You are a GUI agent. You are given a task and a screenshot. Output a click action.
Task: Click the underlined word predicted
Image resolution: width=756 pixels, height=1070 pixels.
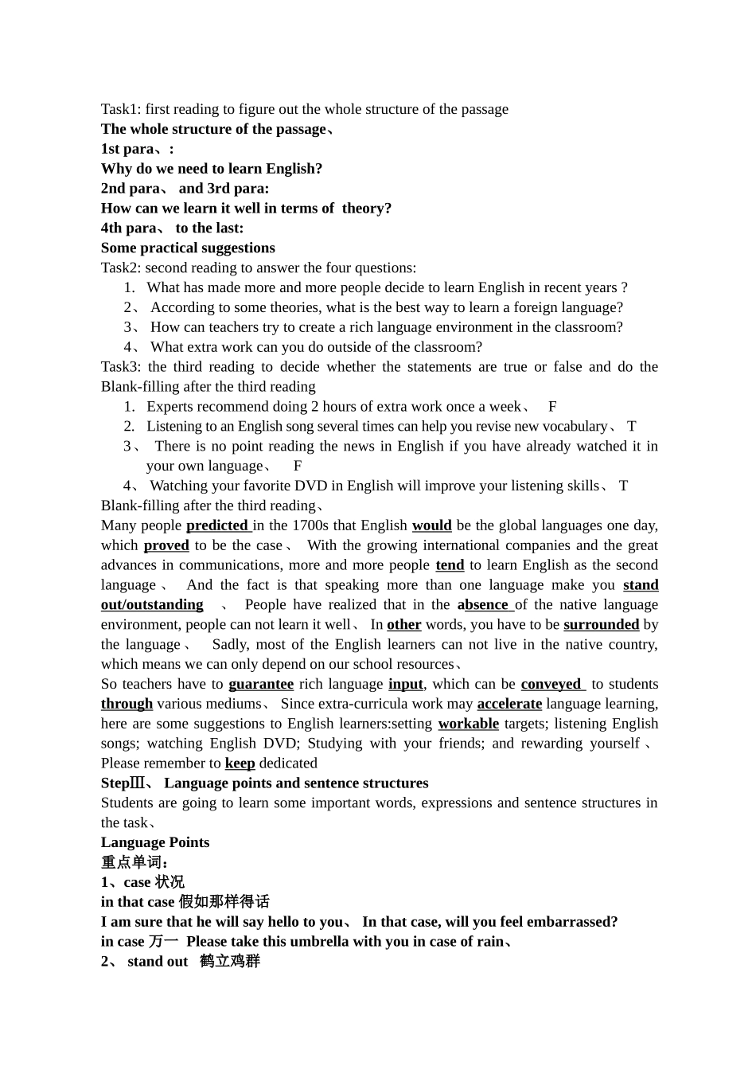coord(217,525)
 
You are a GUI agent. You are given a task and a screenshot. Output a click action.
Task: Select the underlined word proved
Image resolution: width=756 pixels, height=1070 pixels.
coord(166,545)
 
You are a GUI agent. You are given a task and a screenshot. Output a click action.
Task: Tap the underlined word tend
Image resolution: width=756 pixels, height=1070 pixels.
coord(450,565)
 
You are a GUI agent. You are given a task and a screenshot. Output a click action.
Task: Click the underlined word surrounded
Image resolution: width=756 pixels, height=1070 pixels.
coord(601,625)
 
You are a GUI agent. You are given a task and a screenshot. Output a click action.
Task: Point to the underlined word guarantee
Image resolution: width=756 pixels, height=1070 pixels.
coord(261,684)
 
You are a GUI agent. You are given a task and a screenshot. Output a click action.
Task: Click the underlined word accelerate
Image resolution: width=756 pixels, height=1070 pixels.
coord(509,704)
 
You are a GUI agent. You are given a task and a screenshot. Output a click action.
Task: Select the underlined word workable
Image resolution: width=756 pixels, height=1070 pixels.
coord(468,724)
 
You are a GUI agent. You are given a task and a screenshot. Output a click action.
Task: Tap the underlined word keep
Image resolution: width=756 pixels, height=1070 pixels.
coord(240,763)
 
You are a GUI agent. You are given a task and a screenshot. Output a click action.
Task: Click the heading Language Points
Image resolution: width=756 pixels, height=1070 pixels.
coord(155,842)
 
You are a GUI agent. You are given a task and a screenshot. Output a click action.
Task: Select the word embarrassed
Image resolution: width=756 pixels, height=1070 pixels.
coord(570,922)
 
